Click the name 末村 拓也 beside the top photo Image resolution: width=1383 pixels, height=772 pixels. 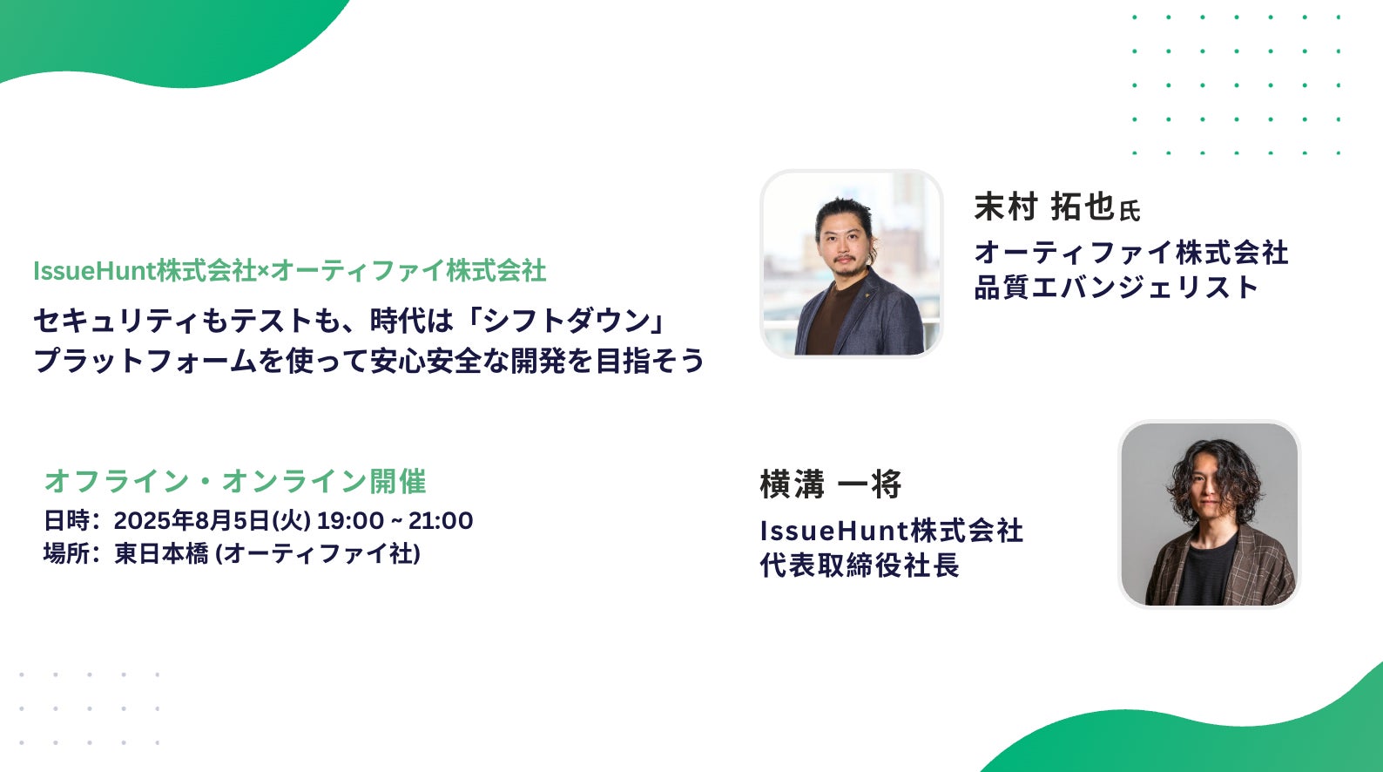1044,207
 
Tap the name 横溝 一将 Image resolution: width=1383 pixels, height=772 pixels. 831,484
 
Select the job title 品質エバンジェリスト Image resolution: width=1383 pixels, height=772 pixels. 1117,288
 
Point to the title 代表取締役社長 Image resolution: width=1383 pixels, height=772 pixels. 860,565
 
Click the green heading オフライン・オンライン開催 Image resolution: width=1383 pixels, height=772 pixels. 235,481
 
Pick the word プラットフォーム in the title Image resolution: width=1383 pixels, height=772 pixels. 145,361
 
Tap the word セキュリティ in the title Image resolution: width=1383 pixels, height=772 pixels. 117,322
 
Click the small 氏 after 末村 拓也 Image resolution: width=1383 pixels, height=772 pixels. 1130,211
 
